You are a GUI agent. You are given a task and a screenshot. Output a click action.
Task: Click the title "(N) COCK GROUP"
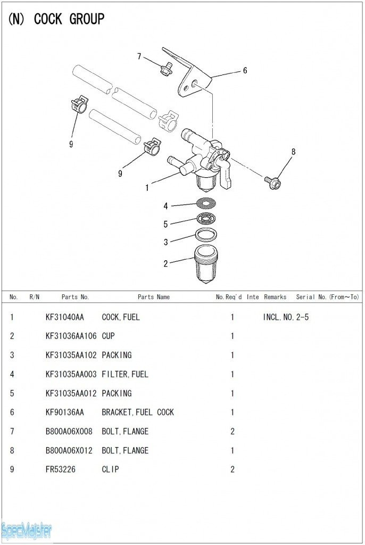pos(56,20)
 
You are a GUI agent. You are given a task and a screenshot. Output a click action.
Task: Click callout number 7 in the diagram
pos(139,56)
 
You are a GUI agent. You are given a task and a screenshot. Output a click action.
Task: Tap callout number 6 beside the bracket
pos(245,70)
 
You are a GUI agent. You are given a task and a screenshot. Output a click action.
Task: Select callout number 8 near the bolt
pos(293,152)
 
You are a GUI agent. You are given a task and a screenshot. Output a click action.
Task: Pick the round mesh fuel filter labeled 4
pos(206,202)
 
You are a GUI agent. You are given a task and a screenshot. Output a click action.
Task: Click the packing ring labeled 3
pos(206,234)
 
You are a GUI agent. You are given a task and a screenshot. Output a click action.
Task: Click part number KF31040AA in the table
pos(65,317)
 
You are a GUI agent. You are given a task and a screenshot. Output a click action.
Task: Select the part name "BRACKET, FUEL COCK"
pos(138,412)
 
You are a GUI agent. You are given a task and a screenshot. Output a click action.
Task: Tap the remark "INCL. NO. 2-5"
pos(286,317)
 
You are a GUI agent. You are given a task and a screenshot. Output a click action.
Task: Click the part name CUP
pos(108,336)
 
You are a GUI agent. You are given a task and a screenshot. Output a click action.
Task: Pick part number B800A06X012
pos(69,451)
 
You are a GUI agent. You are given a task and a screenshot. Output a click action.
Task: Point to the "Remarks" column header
pos(275,297)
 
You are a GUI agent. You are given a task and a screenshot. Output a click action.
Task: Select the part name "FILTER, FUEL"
pos(125,375)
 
